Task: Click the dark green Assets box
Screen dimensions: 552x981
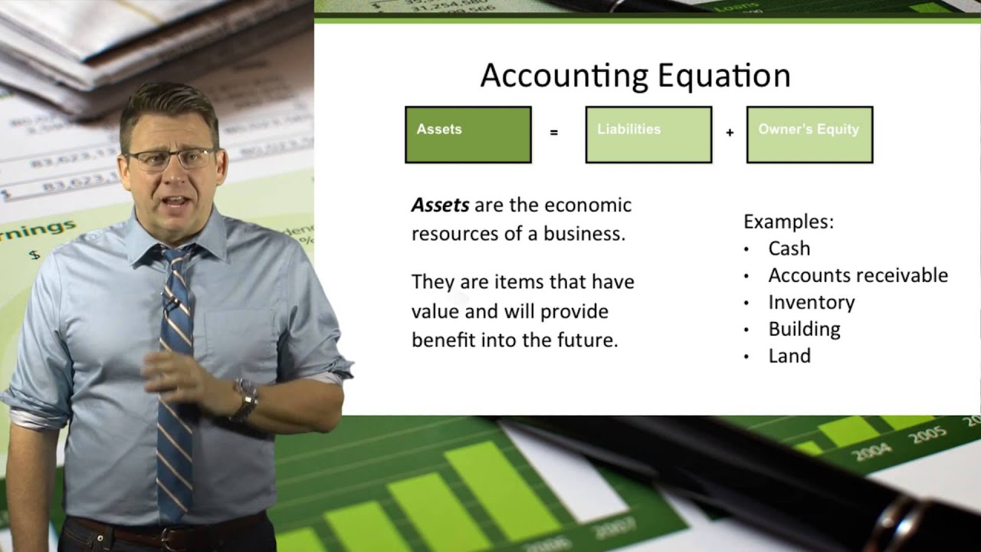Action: coord(468,135)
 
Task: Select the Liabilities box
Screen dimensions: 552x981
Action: coord(648,135)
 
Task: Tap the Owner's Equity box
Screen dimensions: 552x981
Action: coord(809,135)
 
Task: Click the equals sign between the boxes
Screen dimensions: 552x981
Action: coord(553,133)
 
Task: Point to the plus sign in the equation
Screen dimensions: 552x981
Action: coord(730,133)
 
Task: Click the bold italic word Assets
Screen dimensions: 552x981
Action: coord(440,205)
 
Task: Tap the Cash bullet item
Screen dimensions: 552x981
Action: coord(789,248)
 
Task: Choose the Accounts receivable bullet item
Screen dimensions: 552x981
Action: coord(858,275)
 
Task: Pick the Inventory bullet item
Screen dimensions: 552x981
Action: coord(811,302)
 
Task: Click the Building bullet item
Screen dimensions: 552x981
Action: coord(804,329)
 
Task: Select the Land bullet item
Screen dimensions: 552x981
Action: coord(789,356)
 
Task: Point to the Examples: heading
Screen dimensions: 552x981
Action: coord(789,222)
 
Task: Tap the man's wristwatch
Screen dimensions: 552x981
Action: coord(247,399)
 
